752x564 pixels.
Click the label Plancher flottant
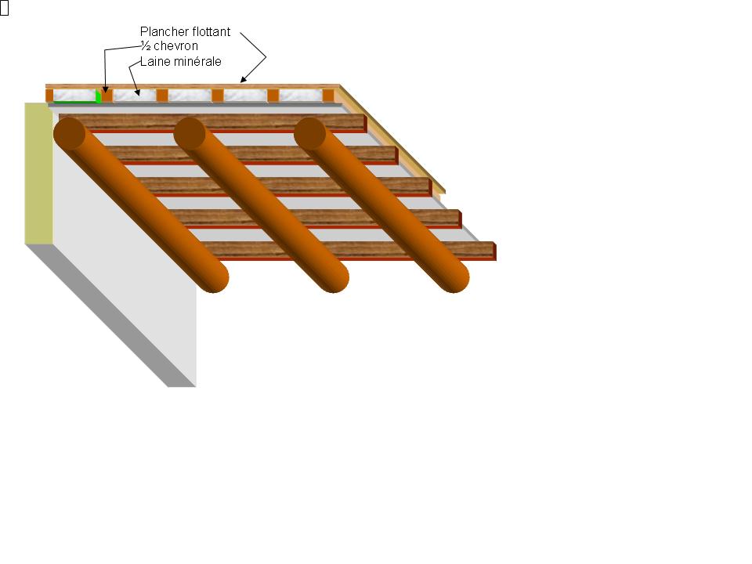[185, 32]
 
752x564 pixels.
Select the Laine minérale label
[180, 61]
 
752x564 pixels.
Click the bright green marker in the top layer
[98, 96]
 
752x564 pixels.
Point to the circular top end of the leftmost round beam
[70, 134]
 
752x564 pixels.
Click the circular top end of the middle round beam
[190, 134]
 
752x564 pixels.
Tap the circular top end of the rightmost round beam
[310, 134]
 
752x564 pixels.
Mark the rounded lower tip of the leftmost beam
[213, 277]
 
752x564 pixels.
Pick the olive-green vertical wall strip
[38, 172]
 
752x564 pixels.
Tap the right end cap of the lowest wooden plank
[494, 251]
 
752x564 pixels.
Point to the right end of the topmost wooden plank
[363, 122]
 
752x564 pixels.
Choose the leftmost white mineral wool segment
[74, 94]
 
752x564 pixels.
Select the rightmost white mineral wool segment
[301, 95]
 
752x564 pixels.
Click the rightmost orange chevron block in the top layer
[328, 96]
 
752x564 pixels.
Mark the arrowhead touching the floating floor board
[244, 80]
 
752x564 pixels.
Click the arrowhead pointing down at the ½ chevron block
[106, 92]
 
